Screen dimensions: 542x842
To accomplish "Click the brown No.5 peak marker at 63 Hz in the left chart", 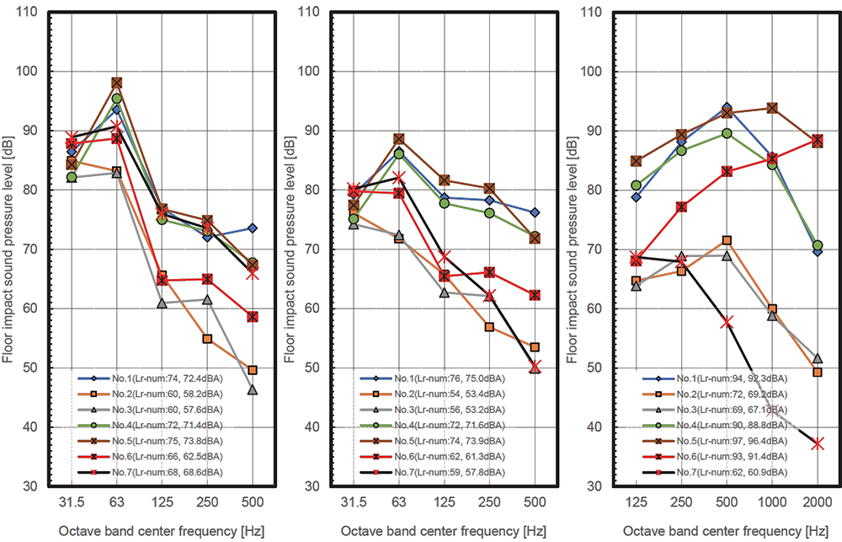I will pyautogui.click(x=117, y=83).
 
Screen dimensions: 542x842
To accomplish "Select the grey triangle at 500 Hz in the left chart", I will pyautogui.click(x=253, y=389).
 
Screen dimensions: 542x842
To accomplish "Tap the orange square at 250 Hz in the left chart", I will pyautogui.click(x=207, y=339).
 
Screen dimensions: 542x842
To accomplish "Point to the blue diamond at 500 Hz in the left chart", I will pyautogui.click(x=253, y=228).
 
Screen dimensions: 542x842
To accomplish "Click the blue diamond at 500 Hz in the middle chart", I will pyautogui.click(x=535, y=212).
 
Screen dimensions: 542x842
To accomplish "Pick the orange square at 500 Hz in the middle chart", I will pyautogui.click(x=535, y=347).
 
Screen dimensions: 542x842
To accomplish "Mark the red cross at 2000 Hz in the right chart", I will pyautogui.click(x=817, y=443).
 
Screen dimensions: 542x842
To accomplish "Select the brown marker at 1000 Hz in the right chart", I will pyautogui.click(x=771, y=108).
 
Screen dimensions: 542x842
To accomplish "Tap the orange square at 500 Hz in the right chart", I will pyautogui.click(x=727, y=240).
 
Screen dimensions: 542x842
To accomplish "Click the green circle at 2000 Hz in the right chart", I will pyautogui.click(x=817, y=245).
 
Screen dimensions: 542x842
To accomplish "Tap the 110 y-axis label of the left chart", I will pyautogui.click(x=29, y=13).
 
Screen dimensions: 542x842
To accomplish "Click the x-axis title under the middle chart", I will pyautogui.click(x=434, y=531).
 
